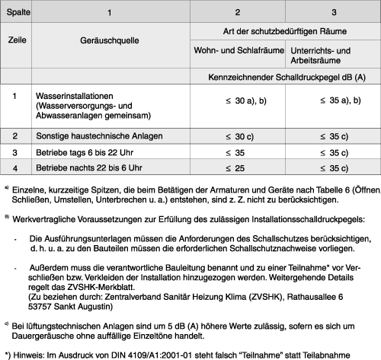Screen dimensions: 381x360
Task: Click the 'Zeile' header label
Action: pyautogui.click(x=16, y=40)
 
